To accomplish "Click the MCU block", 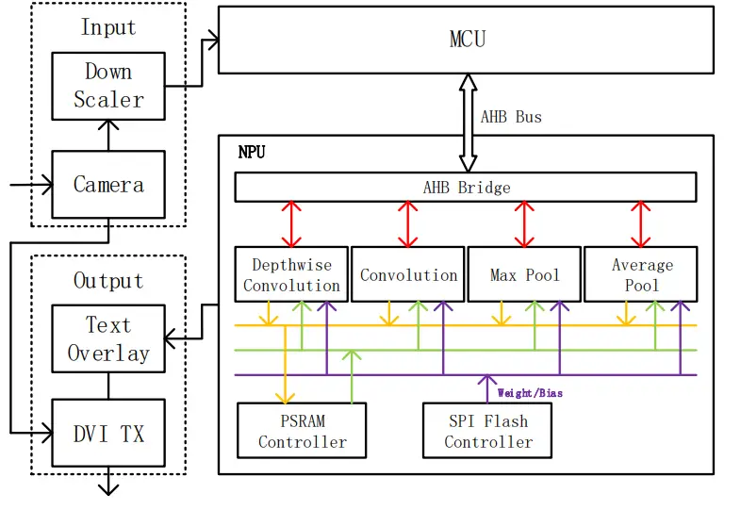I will tap(466, 40).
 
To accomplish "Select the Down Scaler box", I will tap(108, 86).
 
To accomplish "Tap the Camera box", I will tap(108, 185).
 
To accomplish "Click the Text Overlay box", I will tap(108, 339).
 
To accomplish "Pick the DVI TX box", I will tap(108, 433).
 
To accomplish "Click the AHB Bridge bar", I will tap(466, 187).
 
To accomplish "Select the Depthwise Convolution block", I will tap(291, 275).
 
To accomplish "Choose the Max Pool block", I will tap(524, 275).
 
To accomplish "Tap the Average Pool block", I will tap(641, 275).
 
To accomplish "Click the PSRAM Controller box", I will tap(302, 431).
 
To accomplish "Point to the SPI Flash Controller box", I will tap(487, 431).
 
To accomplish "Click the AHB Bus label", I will tap(511, 117).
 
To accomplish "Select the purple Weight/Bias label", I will tap(530, 392).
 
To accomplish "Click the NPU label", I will tap(252, 152).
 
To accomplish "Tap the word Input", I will tap(108, 27).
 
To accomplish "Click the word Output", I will tap(108, 280).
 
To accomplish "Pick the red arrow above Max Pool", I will tap(525, 224).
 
